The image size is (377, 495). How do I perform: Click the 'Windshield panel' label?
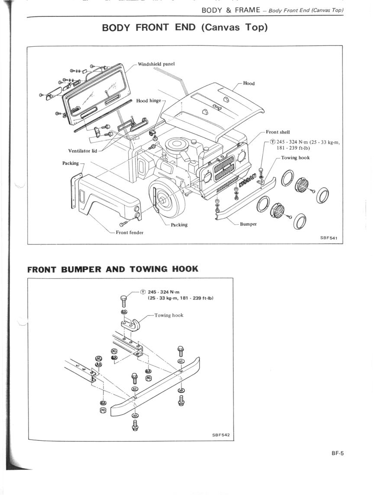tap(156, 64)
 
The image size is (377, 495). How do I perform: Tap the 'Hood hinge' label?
tap(148, 101)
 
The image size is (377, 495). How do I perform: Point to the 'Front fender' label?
tap(129, 232)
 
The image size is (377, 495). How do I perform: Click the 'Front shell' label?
tap(278, 132)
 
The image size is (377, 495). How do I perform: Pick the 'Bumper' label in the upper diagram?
tap(248, 224)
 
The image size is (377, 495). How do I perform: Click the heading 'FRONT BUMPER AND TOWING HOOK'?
tap(113, 269)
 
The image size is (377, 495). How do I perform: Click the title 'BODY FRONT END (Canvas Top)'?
tap(185, 28)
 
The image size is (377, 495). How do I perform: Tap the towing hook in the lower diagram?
tap(132, 324)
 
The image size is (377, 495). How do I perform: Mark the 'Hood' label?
tap(249, 84)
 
